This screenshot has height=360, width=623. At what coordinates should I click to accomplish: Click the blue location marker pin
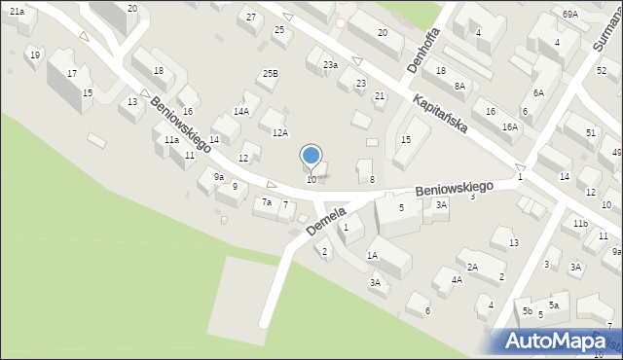click(311, 156)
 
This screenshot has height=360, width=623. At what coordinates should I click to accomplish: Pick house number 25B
click(270, 73)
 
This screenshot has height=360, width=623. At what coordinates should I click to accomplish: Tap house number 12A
click(280, 132)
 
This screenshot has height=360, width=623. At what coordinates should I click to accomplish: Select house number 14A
click(240, 112)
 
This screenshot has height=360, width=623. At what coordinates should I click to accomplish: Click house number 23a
click(330, 64)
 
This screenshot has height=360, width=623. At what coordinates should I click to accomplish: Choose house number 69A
click(569, 14)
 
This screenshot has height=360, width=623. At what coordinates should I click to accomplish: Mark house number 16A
click(509, 127)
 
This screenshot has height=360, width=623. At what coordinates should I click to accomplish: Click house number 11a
click(171, 140)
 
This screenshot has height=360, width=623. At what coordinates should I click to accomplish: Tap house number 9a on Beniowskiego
click(219, 177)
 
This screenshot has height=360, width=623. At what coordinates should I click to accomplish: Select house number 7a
click(266, 202)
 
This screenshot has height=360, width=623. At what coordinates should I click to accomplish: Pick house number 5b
click(527, 310)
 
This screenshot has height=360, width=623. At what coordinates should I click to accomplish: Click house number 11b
click(580, 224)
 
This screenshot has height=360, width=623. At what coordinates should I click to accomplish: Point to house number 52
click(601, 70)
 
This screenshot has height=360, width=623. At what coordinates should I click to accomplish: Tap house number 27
click(251, 18)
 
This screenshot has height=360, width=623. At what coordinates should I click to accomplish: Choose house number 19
click(35, 54)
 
